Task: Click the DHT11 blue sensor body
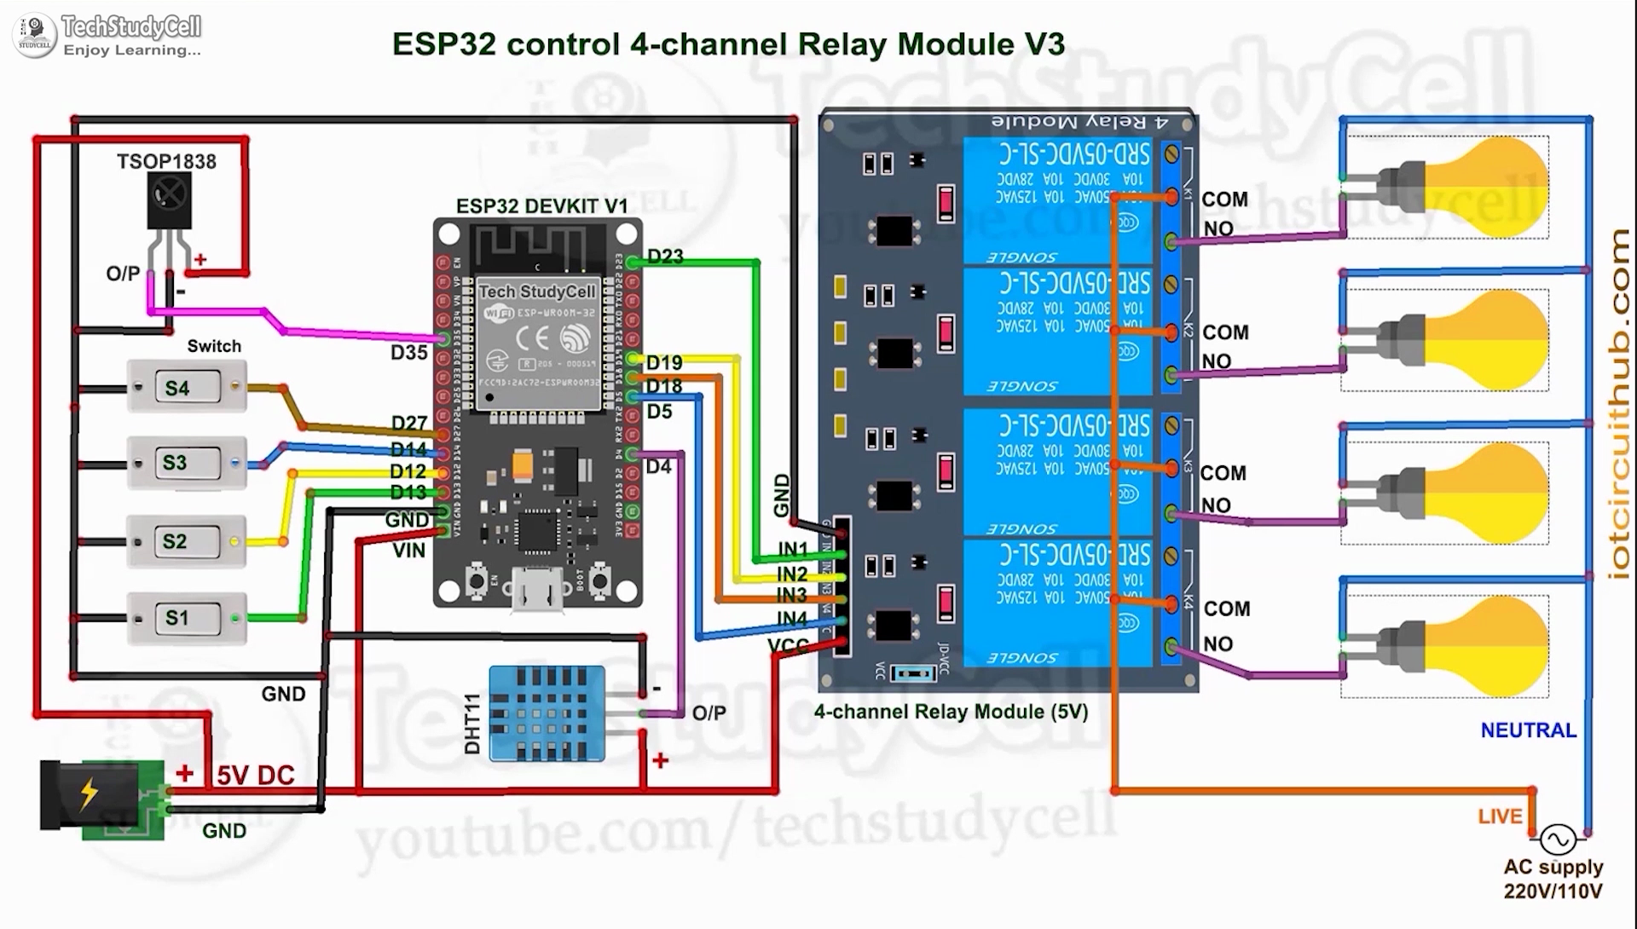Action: tap(547, 713)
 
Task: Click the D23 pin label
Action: tap(665, 257)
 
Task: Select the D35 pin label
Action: tap(408, 352)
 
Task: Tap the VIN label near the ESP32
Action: tap(408, 551)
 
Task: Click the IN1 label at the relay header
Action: tap(792, 549)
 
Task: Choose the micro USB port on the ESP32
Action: tap(537, 589)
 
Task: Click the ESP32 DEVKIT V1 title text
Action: tap(541, 206)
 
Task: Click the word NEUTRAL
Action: tap(1528, 730)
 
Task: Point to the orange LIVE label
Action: tap(1500, 816)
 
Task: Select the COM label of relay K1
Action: tap(1224, 199)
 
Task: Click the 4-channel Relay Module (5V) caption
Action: tap(951, 712)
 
